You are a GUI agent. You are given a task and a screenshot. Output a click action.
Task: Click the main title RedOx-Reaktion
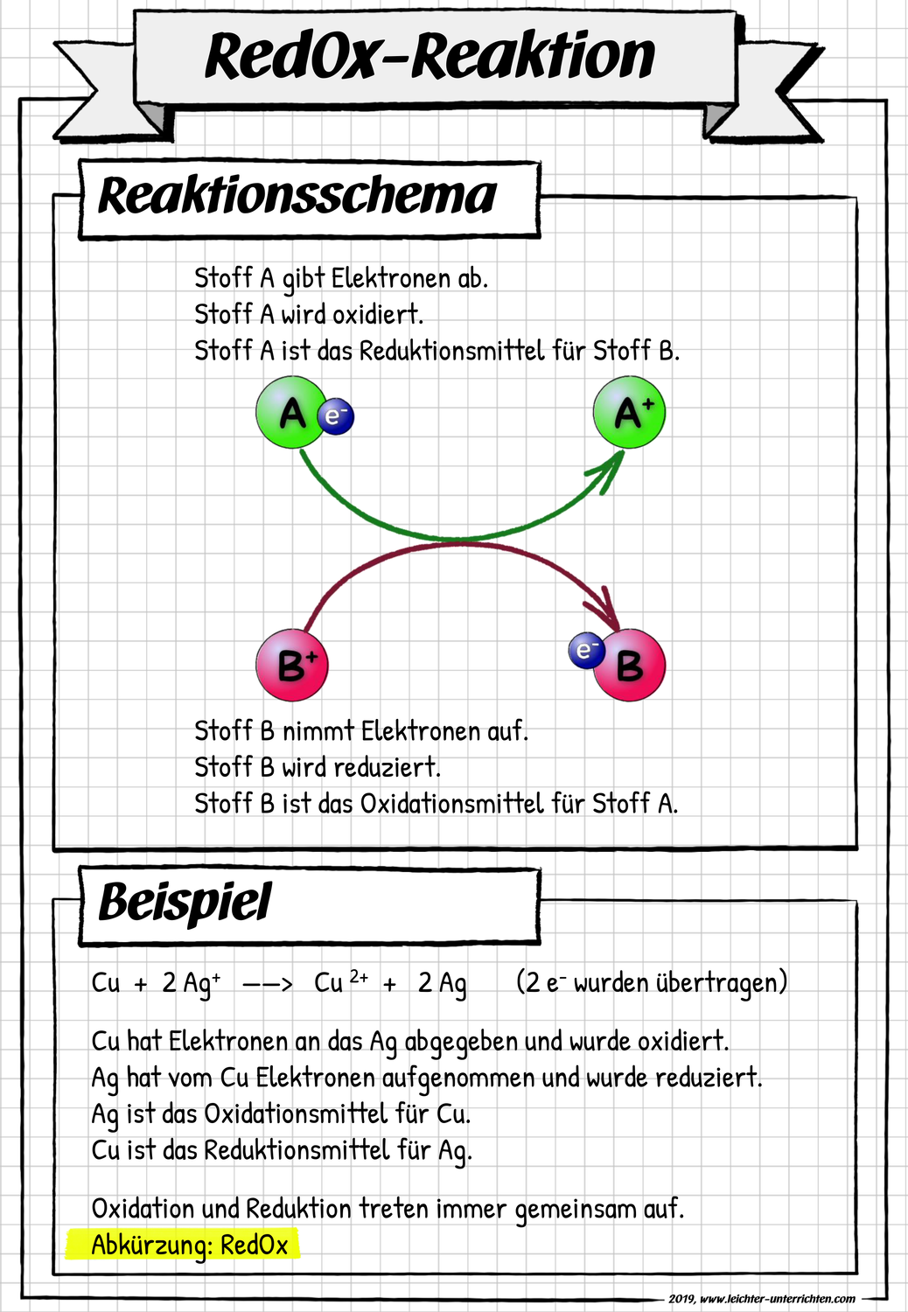[430, 57]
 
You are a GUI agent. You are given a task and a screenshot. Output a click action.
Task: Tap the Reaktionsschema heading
[297, 196]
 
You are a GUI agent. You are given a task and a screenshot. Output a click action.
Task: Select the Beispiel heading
[185, 903]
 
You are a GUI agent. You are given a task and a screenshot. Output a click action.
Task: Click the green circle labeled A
[290, 413]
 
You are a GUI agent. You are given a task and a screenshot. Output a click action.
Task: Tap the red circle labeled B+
[292, 665]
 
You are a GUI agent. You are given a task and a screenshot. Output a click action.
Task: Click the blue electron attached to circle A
[335, 415]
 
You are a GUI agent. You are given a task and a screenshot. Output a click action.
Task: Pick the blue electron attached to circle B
[585, 650]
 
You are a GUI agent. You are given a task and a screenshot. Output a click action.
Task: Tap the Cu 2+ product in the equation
[341, 982]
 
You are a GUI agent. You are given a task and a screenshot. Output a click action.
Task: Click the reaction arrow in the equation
[267, 984]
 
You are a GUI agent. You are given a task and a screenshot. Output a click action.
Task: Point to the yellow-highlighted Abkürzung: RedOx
[190, 1245]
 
